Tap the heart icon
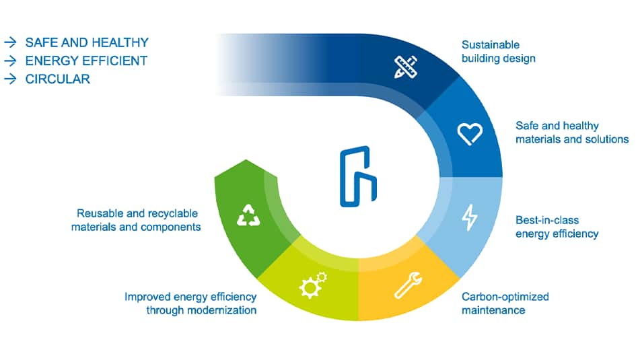(x=470, y=133)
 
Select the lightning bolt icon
(x=469, y=217)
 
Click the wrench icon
(x=408, y=284)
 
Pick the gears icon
(x=313, y=285)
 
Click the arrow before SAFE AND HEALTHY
(x=10, y=42)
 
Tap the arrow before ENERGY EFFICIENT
(x=10, y=61)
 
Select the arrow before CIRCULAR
(x=10, y=79)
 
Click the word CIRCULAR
(x=57, y=79)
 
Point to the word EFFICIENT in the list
(x=114, y=61)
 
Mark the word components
(x=171, y=227)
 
